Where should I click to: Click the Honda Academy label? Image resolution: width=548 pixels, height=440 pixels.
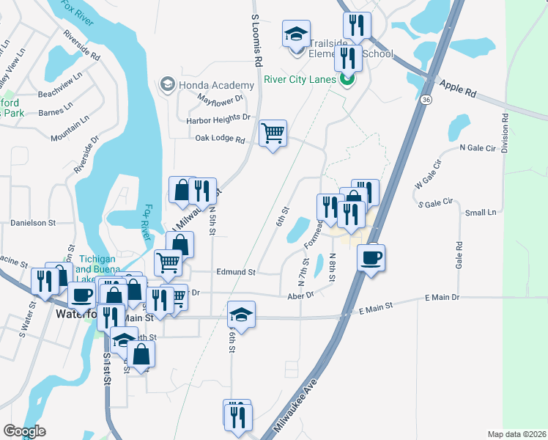(217, 85)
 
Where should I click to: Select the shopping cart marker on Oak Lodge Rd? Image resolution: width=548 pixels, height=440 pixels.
(273, 133)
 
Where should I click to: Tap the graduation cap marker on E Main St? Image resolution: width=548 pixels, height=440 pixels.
(241, 315)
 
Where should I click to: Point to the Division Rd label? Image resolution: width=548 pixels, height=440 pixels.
(505, 133)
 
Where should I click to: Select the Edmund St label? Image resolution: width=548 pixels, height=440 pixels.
(235, 272)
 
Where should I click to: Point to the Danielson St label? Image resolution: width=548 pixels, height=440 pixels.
(33, 222)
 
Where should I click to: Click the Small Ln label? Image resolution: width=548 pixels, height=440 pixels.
(481, 213)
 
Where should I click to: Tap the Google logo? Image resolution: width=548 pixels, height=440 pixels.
(24, 431)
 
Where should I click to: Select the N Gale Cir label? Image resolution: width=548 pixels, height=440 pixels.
(478, 147)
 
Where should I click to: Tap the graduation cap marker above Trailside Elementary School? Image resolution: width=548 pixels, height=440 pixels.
(297, 34)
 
